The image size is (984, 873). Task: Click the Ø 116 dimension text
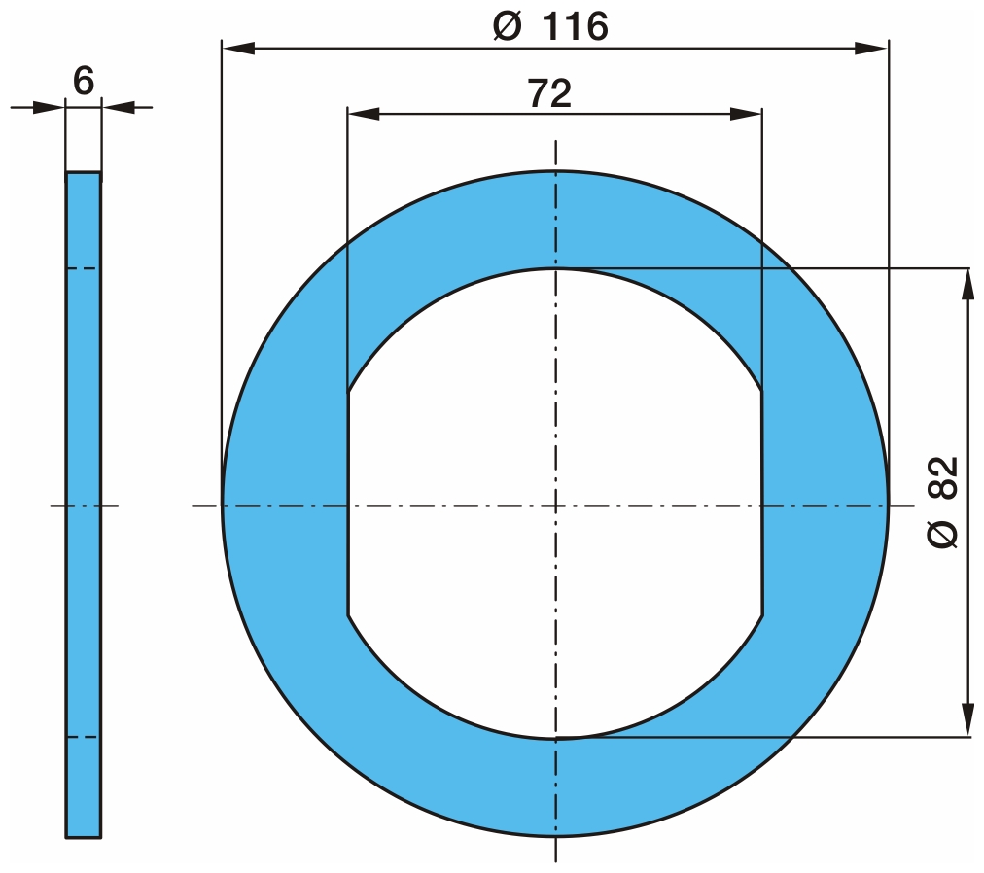[550, 27]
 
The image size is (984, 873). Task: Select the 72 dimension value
[549, 93]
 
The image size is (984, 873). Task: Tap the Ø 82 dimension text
[942, 503]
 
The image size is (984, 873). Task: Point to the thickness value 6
[84, 81]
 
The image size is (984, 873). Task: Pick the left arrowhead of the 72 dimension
[364, 114]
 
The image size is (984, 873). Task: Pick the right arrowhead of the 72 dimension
[745, 114]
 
